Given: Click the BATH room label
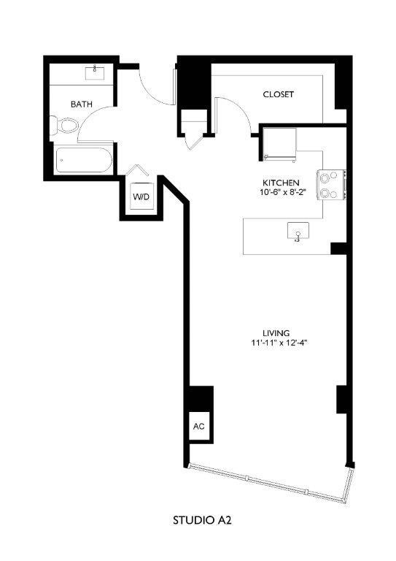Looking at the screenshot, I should [82, 104].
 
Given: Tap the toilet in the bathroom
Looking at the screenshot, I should [65, 126].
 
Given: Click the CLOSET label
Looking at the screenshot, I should [278, 95].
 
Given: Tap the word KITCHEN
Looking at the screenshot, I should [281, 182].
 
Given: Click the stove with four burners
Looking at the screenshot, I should [330, 184].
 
